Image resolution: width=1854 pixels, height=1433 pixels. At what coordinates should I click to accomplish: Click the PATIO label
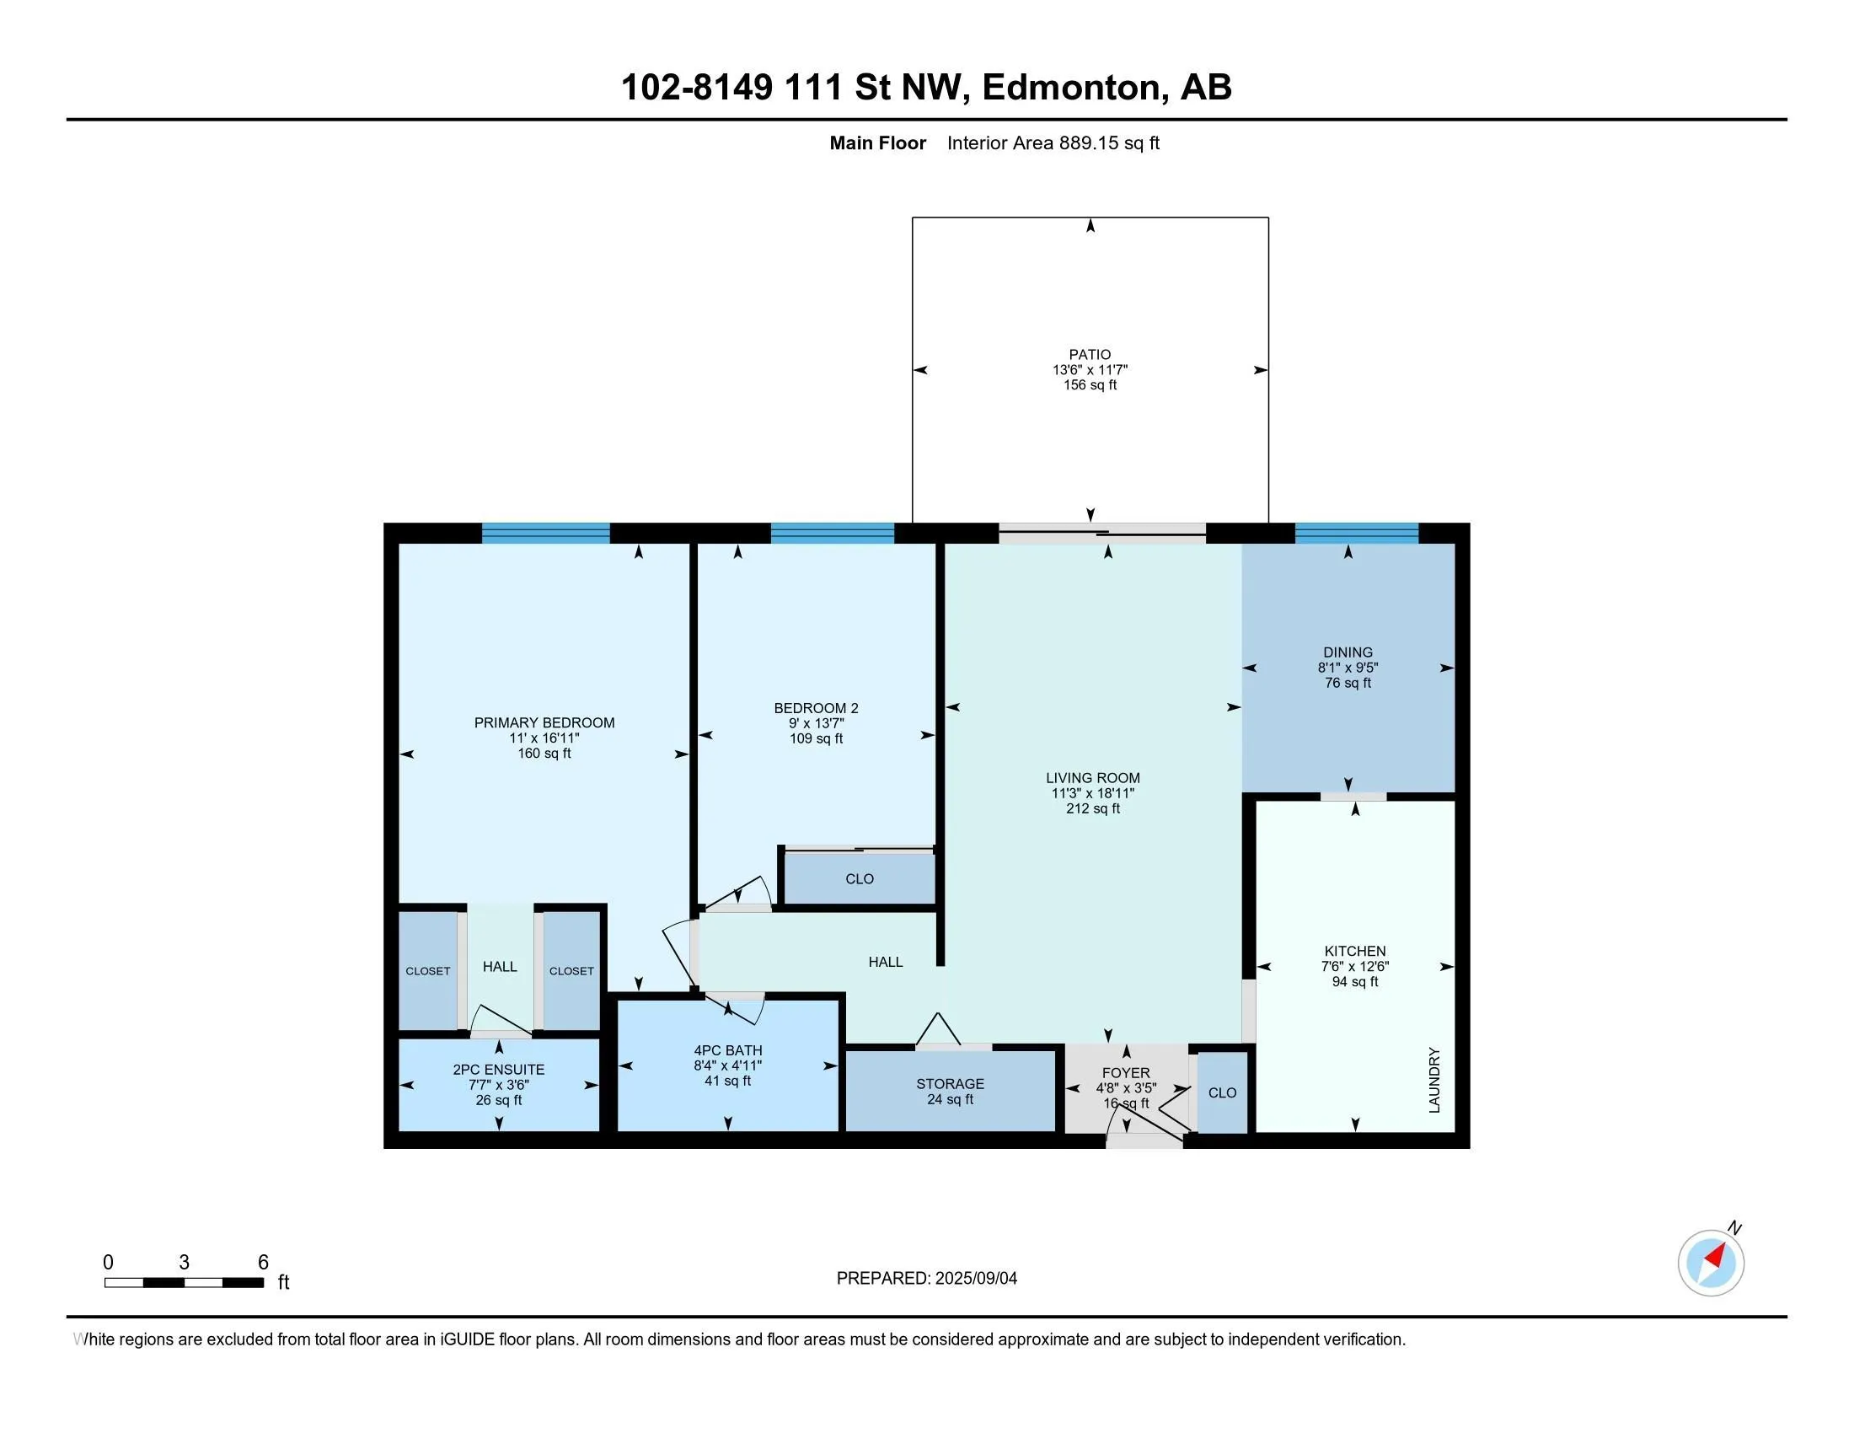pyautogui.click(x=1090, y=355)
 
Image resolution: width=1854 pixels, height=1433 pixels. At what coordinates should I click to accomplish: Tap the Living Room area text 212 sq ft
pyautogui.click(x=1092, y=809)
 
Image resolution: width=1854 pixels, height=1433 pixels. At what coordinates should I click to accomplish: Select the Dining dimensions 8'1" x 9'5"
pyautogui.click(x=1348, y=668)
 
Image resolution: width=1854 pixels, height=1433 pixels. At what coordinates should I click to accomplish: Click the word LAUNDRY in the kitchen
pyautogui.click(x=1434, y=1080)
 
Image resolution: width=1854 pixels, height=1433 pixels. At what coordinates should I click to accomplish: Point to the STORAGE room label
pyautogui.click(x=950, y=1084)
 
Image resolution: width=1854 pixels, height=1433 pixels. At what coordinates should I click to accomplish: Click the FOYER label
pyautogui.click(x=1126, y=1073)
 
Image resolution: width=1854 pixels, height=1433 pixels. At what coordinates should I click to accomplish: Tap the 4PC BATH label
pyautogui.click(x=727, y=1051)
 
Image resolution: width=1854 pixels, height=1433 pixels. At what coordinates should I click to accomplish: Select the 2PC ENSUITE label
pyautogui.click(x=498, y=1070)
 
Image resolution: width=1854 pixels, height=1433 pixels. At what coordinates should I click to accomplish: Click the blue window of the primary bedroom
pyautogui.click(x=546, y=533)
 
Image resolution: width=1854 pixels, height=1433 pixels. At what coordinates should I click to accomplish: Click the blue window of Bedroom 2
pyautogui.click(x=832, y=533)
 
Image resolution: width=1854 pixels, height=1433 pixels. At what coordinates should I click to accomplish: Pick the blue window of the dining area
pyautogui.click(x=1357, y=533)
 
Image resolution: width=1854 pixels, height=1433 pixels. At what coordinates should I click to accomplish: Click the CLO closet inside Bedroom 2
pyautogui.click(x=858, y=878)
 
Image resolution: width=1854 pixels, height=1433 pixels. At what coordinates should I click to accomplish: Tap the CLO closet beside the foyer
pyautogui.click(x=1223, y=1092)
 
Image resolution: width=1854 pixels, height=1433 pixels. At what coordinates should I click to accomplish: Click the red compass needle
pyautogui.click(x=1715, y=1256)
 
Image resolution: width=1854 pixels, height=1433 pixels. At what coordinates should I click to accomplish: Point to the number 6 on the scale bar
pyautogui.click(x=263, y=1263)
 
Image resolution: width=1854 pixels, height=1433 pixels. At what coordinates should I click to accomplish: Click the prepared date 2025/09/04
pyautogui.click(x=975, y=1279)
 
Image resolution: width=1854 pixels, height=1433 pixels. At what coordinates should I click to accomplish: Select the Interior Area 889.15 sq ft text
pyautogui.click(x=1053, y=142)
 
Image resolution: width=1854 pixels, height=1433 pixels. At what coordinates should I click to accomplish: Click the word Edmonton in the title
pyautogui.click(x=1071, y=88)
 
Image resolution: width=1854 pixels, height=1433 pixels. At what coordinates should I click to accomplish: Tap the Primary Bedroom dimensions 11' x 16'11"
pyautogui.click(x=544, y=738)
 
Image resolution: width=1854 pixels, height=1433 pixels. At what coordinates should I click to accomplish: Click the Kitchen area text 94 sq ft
pyautogui.click(x=1355, y=982)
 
